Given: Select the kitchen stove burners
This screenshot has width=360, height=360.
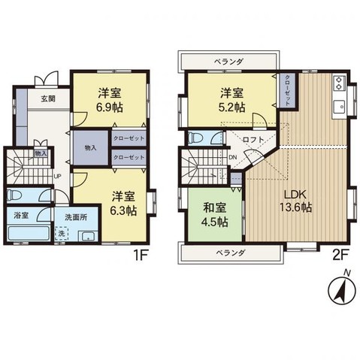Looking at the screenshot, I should pyautogui.click(x=337, y=80).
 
